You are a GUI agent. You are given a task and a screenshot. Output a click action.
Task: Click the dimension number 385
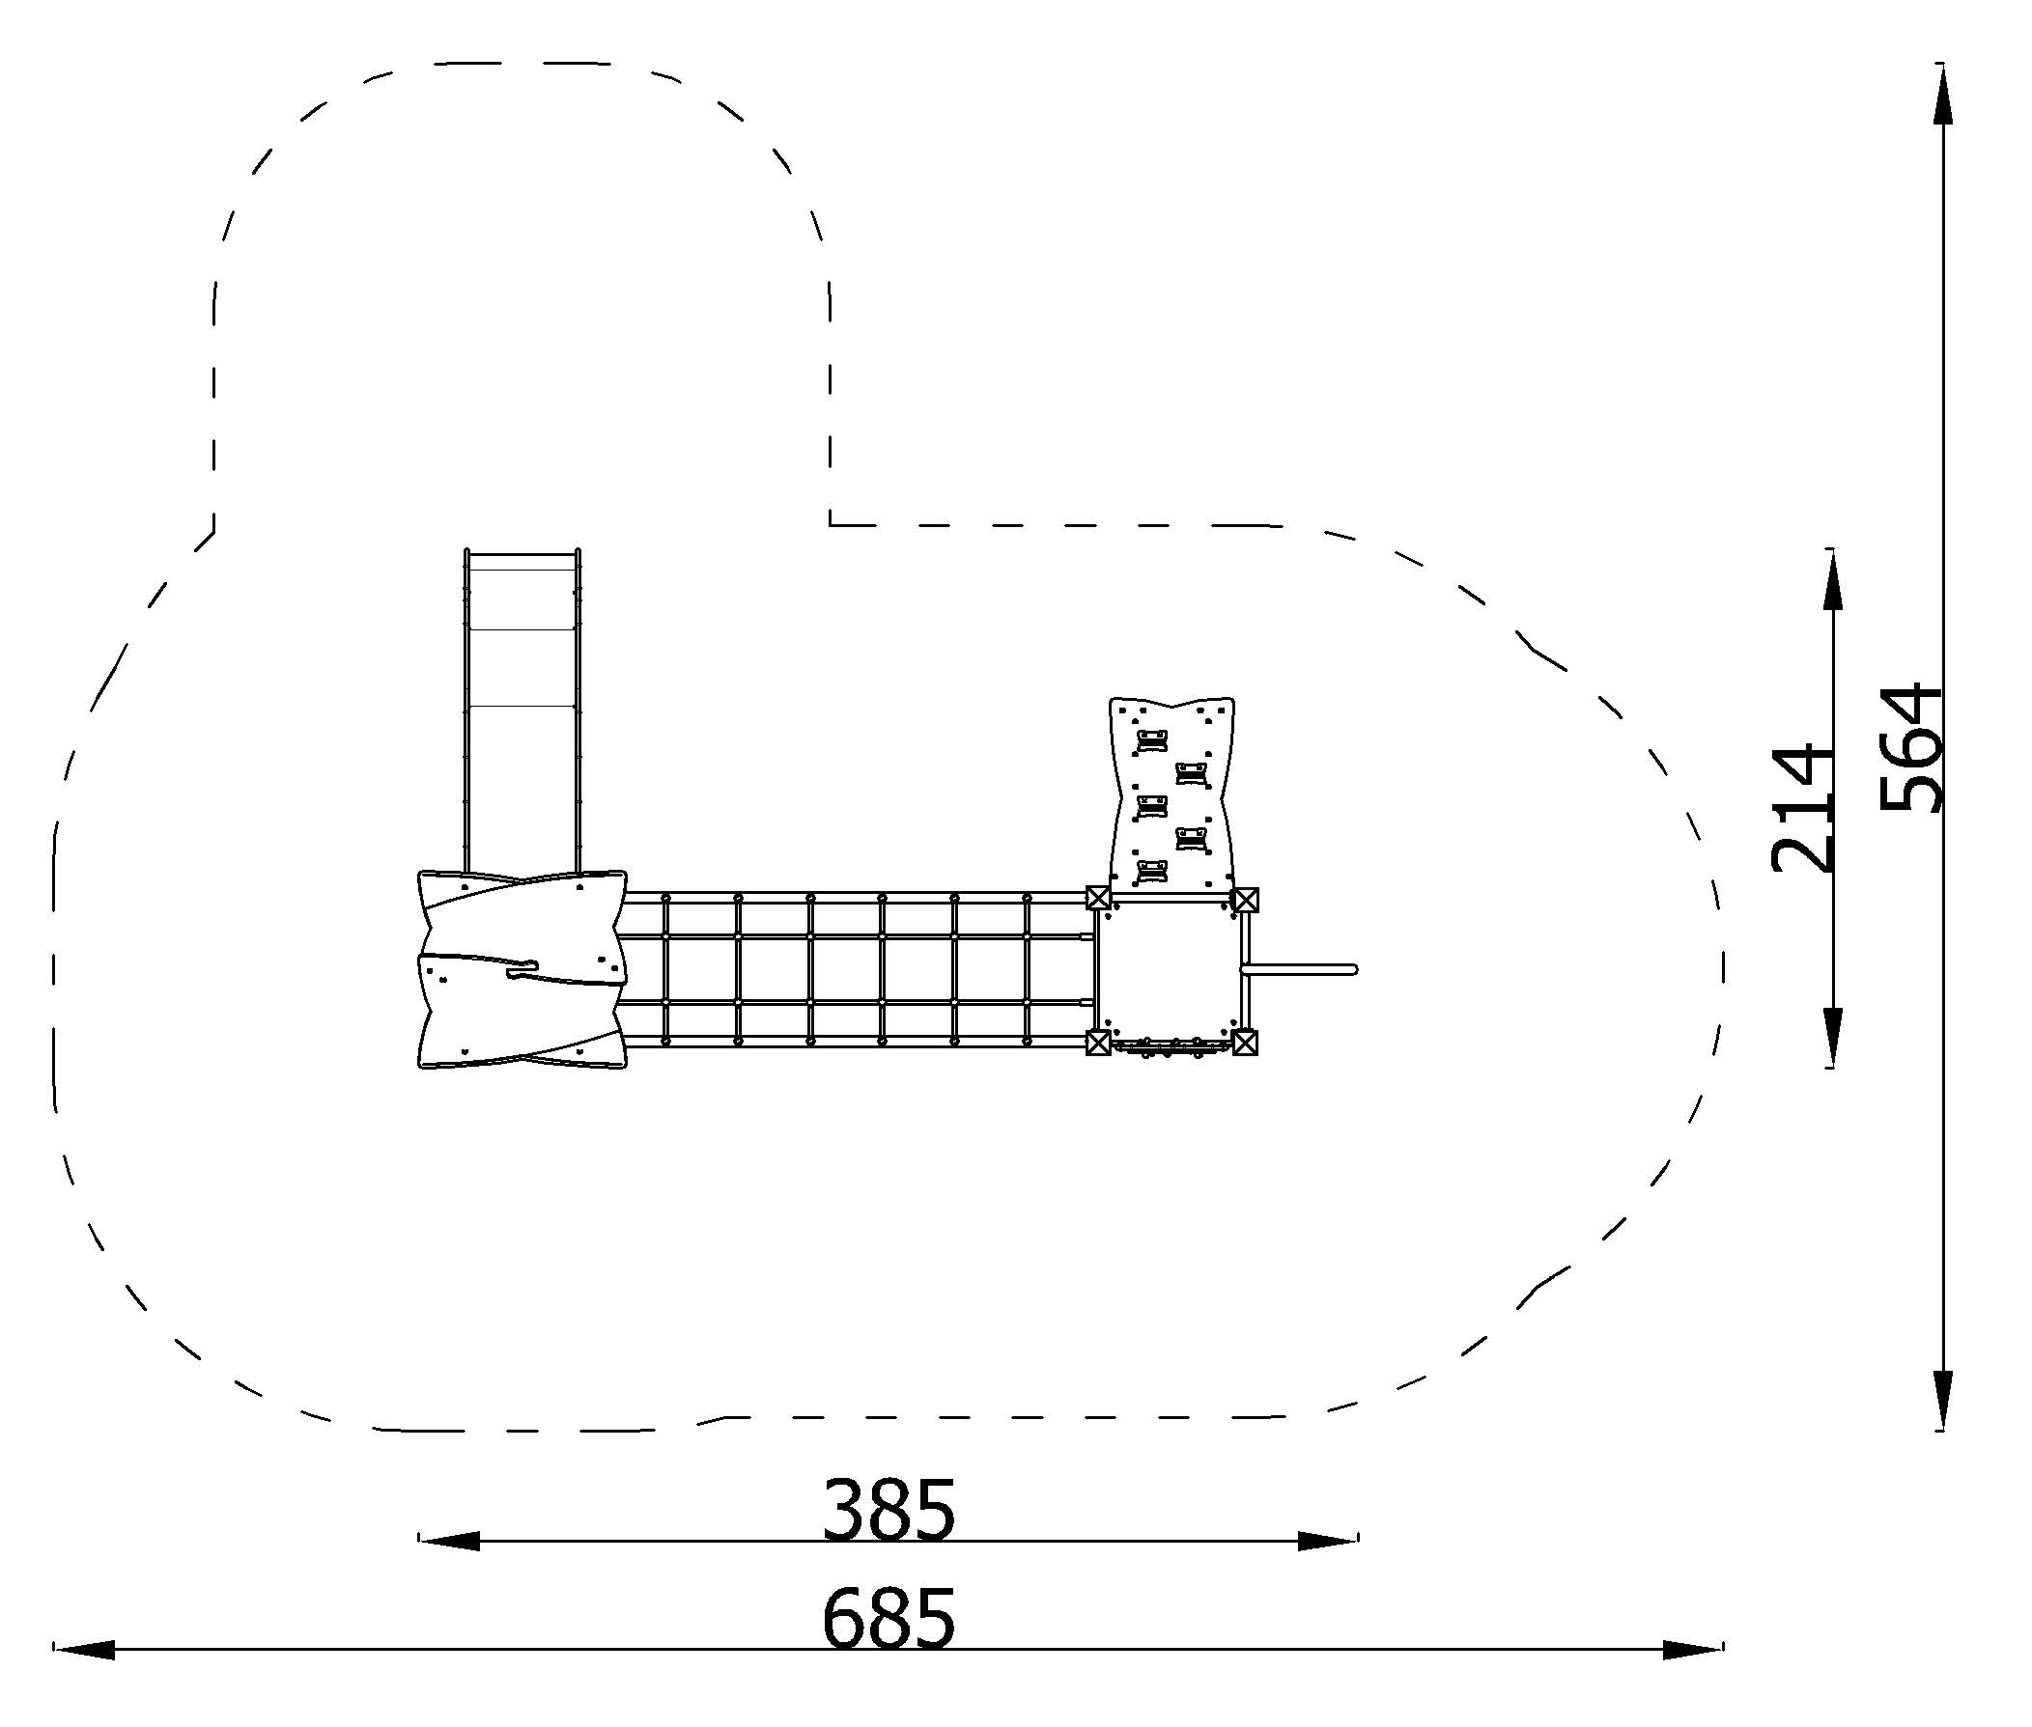point(889,1508)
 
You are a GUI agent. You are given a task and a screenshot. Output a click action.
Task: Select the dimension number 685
point(889,1617)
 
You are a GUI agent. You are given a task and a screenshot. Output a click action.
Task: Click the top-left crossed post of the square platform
point(1098,898)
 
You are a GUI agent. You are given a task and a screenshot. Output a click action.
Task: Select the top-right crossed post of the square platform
point(1245,899)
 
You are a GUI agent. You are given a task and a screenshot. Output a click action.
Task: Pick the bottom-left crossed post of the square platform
point(1098,1043)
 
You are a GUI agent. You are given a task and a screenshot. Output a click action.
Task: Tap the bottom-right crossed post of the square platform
point(1245,1043)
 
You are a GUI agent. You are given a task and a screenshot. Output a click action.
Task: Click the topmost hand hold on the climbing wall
point(1151,741)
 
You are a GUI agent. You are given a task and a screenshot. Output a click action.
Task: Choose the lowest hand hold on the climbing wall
point(1151,871)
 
